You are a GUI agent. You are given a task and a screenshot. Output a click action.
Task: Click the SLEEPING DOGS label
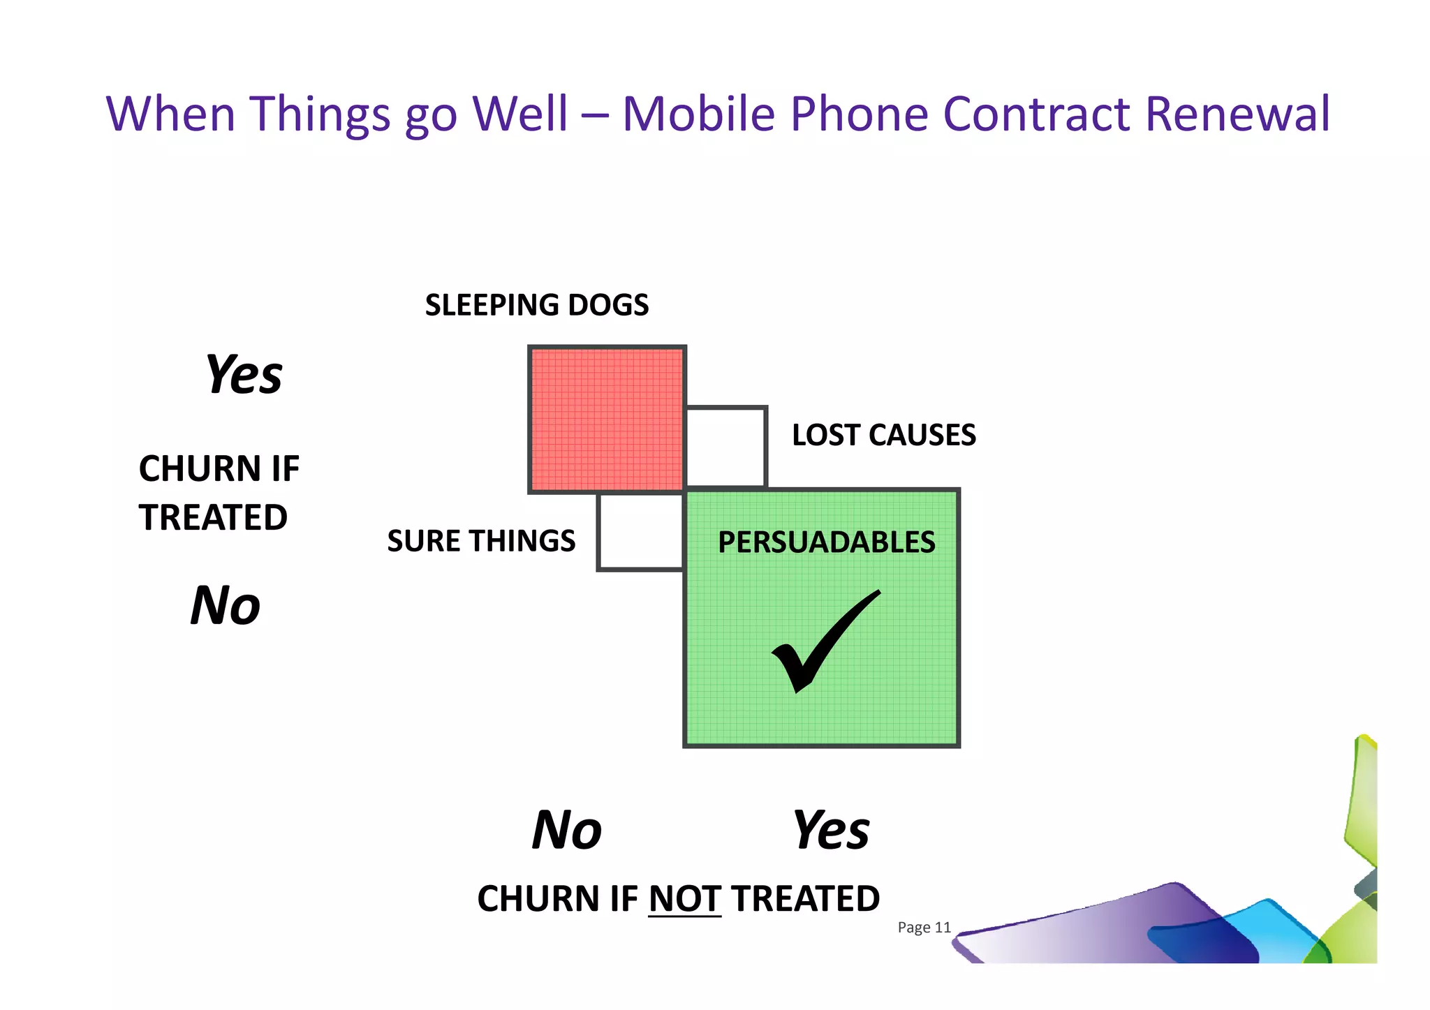click(536, 305)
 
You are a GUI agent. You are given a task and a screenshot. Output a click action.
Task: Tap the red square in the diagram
click(606, 419)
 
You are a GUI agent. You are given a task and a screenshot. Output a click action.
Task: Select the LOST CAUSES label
click(883, 435)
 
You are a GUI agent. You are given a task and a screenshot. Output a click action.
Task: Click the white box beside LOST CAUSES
click(726, 447)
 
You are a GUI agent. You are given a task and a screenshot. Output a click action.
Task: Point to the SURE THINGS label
click(481, 541)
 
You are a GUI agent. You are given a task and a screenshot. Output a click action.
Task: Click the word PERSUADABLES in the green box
click(826, 542)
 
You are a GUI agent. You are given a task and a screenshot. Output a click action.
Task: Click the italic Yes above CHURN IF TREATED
click(244, 375)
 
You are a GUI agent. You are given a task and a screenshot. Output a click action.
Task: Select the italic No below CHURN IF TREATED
click(226, 605)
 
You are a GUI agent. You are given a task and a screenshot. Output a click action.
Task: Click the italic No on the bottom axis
click(566, 830)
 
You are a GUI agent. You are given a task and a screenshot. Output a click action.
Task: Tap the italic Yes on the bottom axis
click(831, 830)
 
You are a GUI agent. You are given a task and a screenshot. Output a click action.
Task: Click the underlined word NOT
click(684, 898)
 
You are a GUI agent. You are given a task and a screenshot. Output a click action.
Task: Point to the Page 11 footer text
click(924, 927)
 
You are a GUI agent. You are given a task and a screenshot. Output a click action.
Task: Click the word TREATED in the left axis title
click(213, 517)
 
